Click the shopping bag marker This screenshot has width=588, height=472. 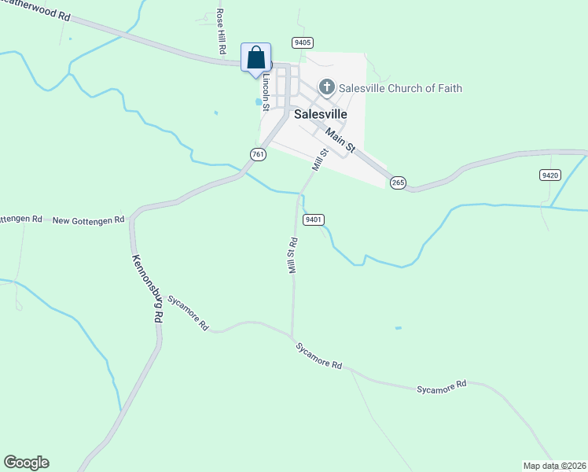255,58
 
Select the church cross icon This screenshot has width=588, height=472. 327,87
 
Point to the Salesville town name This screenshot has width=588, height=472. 321,113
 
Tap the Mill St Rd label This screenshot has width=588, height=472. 292,255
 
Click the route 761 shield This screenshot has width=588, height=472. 258,154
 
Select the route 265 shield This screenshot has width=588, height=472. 398,183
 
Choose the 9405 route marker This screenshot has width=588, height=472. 302,42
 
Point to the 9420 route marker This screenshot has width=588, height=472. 550,174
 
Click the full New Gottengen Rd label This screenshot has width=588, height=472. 88,220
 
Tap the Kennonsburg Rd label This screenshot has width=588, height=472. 147,289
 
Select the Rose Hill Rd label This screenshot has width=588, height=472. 222,32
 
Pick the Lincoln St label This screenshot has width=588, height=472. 266,92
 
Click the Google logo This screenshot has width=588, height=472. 26,463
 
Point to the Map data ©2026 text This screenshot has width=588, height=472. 554,465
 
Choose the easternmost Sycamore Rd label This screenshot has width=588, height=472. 442,385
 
